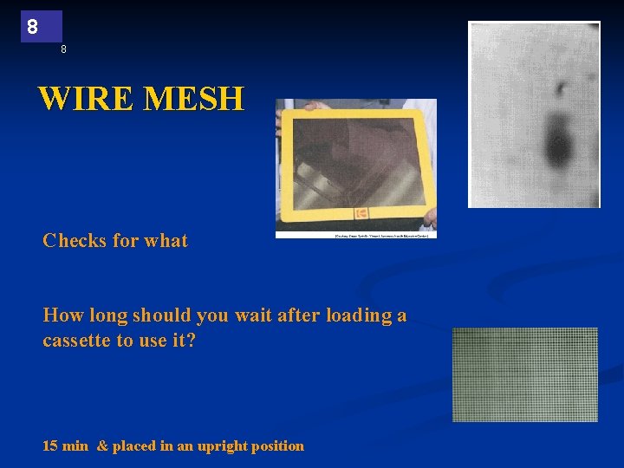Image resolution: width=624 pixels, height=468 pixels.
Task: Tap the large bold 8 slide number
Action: click(33, 27)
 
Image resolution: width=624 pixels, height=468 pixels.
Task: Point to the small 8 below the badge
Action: click(63, 49)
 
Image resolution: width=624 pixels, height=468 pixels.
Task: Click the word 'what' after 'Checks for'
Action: click(166, 241)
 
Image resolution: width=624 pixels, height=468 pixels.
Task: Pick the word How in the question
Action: click(63, 315)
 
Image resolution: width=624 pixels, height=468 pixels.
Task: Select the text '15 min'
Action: click(66, 446)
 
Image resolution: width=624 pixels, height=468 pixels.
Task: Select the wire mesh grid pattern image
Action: click(525, 374)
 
